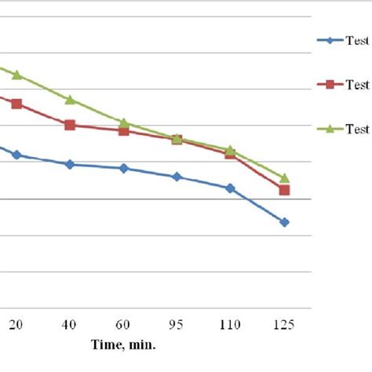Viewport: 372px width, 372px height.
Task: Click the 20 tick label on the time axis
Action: click(16, 325)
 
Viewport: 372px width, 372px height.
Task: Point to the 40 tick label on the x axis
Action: click(70, 325)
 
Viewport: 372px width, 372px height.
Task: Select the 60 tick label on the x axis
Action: click(124, 325)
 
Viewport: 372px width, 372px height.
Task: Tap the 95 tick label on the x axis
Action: click(177, 325)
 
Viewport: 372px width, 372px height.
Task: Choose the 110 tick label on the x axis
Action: click(231, 325)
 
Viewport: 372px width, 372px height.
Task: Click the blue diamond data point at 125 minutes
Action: click(285, 222)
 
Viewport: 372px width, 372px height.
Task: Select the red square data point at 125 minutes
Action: click(285, 190)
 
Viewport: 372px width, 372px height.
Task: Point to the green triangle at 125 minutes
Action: click(285, 178)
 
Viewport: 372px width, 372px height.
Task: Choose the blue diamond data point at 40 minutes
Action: click(70, 164)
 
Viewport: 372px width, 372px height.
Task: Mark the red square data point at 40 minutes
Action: click(70, 125)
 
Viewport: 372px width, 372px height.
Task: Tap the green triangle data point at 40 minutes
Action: click(70, 100)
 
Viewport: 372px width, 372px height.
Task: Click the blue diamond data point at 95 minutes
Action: click(177, 177)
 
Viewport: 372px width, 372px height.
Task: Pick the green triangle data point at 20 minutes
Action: click(16, 75)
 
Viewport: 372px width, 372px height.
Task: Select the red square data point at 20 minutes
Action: click(16, 104)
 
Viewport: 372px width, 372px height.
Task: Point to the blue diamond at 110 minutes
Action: click(231, 188)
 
